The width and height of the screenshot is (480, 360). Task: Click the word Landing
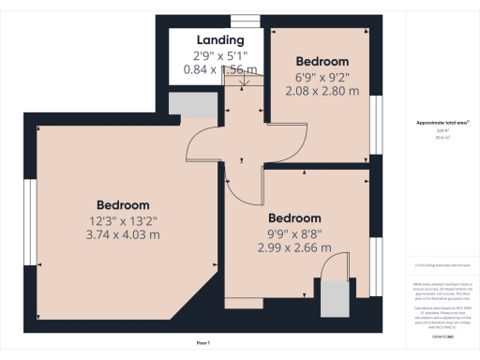click(220, 40)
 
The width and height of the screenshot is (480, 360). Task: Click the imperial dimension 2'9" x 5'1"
click(220, 55)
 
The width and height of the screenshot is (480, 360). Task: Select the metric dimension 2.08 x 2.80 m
click(322, 92)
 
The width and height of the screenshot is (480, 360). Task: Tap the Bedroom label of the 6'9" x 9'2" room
click(322, 61)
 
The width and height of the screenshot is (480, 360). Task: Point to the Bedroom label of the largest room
click(123, 205)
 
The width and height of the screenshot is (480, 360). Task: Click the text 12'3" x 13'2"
click(123, 221)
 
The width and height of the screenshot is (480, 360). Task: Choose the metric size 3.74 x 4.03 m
click(123, 235)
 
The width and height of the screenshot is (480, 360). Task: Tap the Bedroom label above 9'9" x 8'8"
click(294, 218)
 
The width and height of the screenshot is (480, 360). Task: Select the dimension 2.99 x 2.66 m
click(294, 248)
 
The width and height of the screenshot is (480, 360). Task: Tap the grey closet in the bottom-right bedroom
click(333, 298)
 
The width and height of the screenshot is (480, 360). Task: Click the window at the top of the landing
click(245, 21)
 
